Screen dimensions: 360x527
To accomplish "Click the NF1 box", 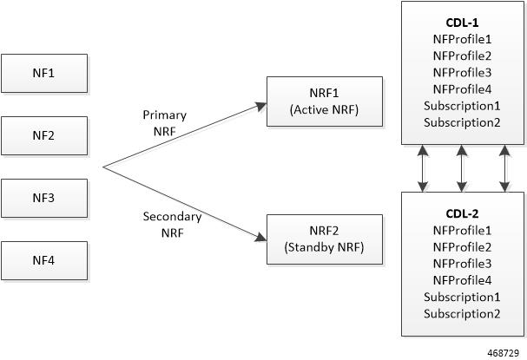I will pos(44,73).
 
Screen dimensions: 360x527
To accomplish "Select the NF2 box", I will pos(44,135).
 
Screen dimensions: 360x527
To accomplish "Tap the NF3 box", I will pos(44,198).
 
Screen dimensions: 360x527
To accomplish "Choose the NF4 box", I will pos(44,260).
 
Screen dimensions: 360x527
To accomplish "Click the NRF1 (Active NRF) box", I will pos(324,101).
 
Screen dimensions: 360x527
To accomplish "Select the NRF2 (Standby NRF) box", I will pos(324,239).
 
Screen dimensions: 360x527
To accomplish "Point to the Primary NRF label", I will pos(165,121).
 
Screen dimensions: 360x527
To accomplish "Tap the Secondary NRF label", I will pos(172,224).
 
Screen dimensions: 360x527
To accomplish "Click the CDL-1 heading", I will pos(462,23).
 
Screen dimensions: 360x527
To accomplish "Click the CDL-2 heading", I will pos(462,213).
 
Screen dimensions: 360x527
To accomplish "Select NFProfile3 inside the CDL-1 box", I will pos(462,72).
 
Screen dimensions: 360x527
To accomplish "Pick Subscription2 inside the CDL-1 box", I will pos(462,121).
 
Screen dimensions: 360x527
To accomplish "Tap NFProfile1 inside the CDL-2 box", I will pos(462,230).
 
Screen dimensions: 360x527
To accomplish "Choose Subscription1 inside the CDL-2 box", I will pos(462,297).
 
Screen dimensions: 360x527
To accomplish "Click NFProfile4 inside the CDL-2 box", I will pos(462,279).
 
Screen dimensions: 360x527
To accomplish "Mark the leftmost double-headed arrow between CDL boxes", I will pos(423,168).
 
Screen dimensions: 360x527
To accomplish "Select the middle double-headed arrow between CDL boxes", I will pos(462,168).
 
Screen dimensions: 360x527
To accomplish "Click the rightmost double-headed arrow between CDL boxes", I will pos(504,168).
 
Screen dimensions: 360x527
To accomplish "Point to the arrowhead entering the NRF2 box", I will pos(260,236).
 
